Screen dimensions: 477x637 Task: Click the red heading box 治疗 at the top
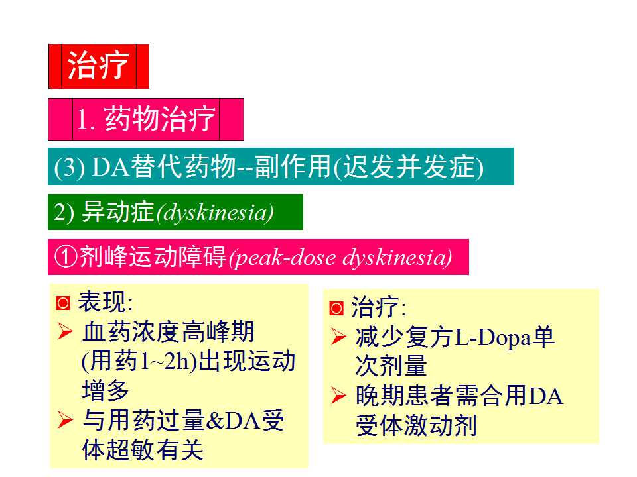(98, 66)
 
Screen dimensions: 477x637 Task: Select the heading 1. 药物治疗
(146, 120)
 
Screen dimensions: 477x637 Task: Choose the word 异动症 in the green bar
(117, 212)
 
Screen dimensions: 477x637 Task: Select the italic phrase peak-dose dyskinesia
(340, 258)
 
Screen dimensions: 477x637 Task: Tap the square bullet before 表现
(63, 304)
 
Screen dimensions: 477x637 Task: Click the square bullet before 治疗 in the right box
(336, 309)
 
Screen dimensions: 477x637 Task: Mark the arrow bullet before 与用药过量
(65, 420)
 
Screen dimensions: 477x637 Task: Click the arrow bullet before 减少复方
(338, 338)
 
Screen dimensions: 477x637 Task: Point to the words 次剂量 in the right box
(391, 366)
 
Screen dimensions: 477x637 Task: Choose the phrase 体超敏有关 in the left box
(142, 450)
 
